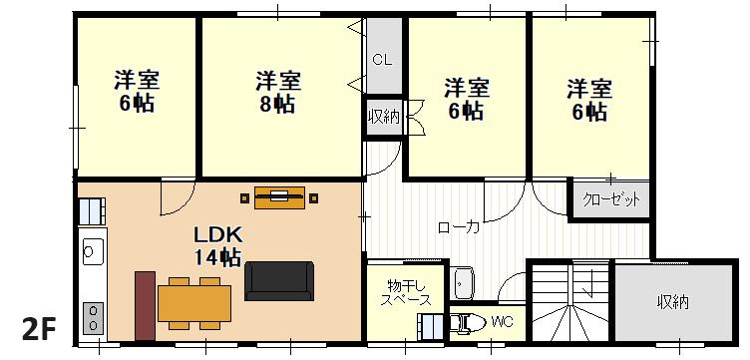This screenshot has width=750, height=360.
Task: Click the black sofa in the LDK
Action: click(279, 280)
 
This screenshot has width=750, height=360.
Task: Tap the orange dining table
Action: click(194, 303)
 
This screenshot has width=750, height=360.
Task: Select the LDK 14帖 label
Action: click(218, 246)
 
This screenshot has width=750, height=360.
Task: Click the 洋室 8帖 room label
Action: click(278, 92)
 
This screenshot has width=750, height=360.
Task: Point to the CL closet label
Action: click(383, 60)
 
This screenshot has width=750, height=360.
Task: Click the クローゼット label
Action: click(610, 199)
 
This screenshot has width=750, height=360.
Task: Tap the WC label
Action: click(502, 322)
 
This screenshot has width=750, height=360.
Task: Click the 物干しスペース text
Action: click(408, 292)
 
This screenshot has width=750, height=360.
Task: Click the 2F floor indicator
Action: click(39, 329)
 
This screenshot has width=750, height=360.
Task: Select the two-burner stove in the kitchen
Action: click(94, 318)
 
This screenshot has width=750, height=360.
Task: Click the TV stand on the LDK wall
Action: click(279, 197)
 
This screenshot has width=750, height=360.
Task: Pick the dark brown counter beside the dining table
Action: click(145, 306)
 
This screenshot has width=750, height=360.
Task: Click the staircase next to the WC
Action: click(570, 301)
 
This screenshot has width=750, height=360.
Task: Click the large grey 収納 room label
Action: click(672, 302)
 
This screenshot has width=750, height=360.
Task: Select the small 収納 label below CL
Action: click(384, 117)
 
